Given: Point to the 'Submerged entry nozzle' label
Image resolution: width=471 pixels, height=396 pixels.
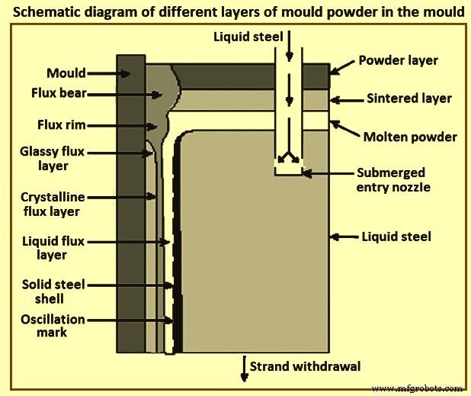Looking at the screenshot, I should [390, 180].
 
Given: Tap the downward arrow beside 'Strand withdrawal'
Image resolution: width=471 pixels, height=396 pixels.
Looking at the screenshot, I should [244, 366].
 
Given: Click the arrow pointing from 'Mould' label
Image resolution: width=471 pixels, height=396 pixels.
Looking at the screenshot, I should [114, 75].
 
